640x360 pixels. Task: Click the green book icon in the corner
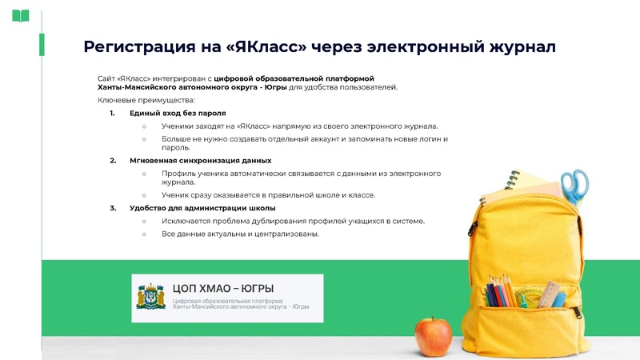[x=21, y=15]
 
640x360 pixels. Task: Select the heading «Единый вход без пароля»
[x=178, y=114]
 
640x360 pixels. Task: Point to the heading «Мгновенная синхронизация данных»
[x=200, y=161]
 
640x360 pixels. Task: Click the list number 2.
[x=113, y=161]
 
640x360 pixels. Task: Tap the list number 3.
[x=113, y=208]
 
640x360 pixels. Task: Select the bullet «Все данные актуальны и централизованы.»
[x=240, y=234]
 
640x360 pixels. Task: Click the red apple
[x=434, y=336]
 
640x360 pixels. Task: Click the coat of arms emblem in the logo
[x=152, y=298]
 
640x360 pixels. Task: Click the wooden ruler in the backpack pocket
[x=548, y=294]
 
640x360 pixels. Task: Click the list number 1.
[x=113, y=114]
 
